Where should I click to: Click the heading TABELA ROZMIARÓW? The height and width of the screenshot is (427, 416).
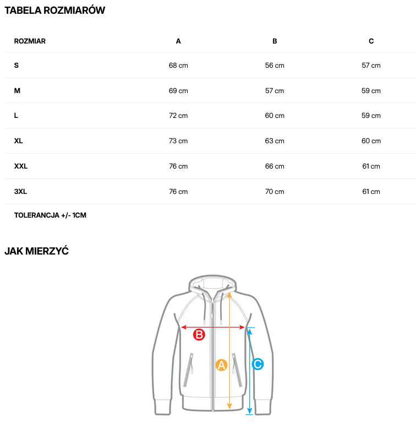point(54,10)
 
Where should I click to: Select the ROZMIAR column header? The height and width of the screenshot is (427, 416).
point(30,41)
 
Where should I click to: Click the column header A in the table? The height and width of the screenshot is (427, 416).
point(178,41)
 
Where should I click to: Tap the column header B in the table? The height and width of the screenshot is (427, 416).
point(275,41)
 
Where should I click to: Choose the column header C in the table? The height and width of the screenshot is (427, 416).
point(371,41)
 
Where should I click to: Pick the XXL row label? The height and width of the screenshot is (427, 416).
point(21,166)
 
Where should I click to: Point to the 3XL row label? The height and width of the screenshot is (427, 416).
point(20,192)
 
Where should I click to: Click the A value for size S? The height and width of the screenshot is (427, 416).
point(178,66)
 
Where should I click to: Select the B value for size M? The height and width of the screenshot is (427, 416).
point(275,91)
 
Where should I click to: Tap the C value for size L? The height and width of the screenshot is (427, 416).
point(371,116)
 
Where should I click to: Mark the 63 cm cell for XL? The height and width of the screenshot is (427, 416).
point(275,141)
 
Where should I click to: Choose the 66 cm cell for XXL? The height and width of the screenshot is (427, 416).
point(275,166)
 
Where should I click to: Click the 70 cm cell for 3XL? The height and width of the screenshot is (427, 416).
point(275,192)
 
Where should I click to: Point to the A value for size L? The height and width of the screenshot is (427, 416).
point(178,116)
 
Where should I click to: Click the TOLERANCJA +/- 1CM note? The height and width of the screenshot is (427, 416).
point(50,215)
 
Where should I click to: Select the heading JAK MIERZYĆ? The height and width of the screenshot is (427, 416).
point(36,251)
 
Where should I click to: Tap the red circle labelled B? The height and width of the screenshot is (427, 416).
point(199,334)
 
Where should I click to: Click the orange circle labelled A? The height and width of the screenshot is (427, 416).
point(221,365)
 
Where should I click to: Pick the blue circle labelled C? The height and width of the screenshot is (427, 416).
point(258,364)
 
